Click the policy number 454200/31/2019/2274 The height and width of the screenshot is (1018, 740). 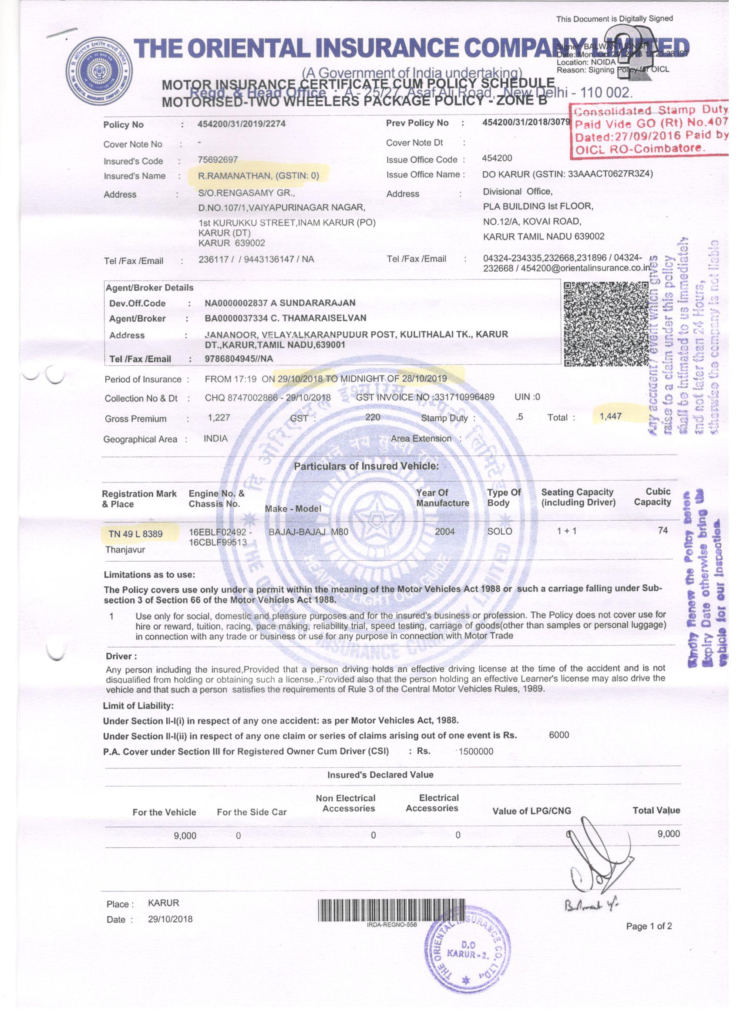coord(242,125)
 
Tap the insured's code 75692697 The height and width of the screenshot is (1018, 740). coord(218,160)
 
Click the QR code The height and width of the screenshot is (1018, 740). coord(605,324)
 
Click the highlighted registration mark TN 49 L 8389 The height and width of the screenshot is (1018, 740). coord(135,534)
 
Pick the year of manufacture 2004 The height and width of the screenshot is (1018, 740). coord(445,532)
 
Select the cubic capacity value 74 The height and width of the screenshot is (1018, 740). coord(663,530)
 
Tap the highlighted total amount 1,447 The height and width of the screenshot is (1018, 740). coord(610,416)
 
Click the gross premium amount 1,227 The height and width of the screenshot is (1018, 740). coord(219,418)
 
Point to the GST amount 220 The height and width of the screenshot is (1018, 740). coord(373,418)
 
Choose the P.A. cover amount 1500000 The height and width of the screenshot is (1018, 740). coord(476,752)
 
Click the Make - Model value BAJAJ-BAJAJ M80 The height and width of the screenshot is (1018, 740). coord(308,533)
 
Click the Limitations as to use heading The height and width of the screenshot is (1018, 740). coord(149,575)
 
